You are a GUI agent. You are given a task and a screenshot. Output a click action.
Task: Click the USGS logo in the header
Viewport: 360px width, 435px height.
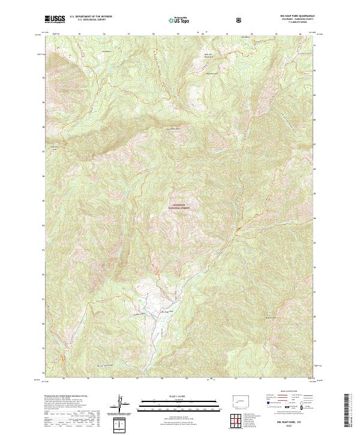[54, 19]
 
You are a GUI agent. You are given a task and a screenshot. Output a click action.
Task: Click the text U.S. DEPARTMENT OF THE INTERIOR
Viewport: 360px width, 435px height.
[91, 17]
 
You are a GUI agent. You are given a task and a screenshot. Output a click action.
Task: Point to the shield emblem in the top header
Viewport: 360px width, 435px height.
[240, 19]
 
